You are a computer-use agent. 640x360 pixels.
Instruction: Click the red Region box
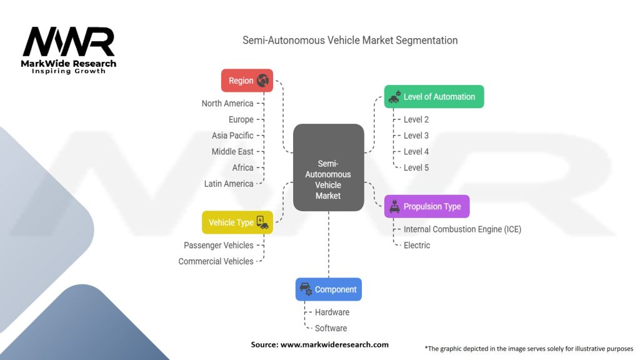247,81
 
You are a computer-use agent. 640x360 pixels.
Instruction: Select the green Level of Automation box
433,97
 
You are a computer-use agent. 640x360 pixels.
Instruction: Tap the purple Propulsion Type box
426,206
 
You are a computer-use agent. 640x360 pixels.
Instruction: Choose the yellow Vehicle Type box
237,222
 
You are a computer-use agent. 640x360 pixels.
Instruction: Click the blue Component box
328,289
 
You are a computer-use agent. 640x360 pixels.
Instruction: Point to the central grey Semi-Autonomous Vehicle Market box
328,167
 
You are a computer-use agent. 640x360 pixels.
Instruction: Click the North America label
227,104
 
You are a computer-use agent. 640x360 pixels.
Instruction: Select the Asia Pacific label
232,136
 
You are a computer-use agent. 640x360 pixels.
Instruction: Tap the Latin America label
229,184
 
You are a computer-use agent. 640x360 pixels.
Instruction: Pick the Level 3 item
416,136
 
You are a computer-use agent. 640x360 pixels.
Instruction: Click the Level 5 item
416,167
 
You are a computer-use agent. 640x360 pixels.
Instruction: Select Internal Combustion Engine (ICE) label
462,229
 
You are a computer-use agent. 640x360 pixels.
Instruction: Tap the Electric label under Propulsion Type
416,246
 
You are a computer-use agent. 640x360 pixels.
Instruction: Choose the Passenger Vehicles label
219,246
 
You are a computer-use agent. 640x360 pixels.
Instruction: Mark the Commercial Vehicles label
216,261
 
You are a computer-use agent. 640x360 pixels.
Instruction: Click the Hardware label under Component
332,312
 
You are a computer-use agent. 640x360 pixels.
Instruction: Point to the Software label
331,328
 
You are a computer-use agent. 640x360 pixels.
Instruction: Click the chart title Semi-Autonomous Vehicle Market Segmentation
350,41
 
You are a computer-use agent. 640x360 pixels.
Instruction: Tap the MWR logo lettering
69,42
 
